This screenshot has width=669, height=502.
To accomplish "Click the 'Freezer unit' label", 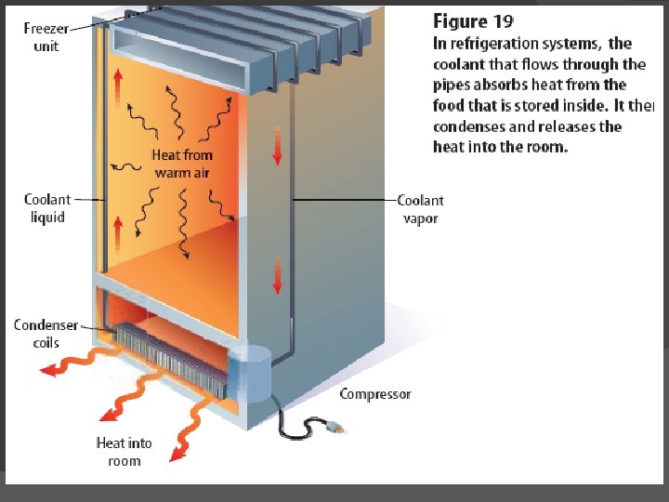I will coord(46,37).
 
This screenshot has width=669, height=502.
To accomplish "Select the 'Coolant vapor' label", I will coord(420,209).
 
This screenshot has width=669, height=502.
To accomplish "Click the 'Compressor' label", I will coord(374,394).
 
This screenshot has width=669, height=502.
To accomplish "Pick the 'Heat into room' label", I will coord(124,452).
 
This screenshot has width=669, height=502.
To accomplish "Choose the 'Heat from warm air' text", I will coord(182,164).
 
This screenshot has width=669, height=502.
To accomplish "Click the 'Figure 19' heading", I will coord(474,21).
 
